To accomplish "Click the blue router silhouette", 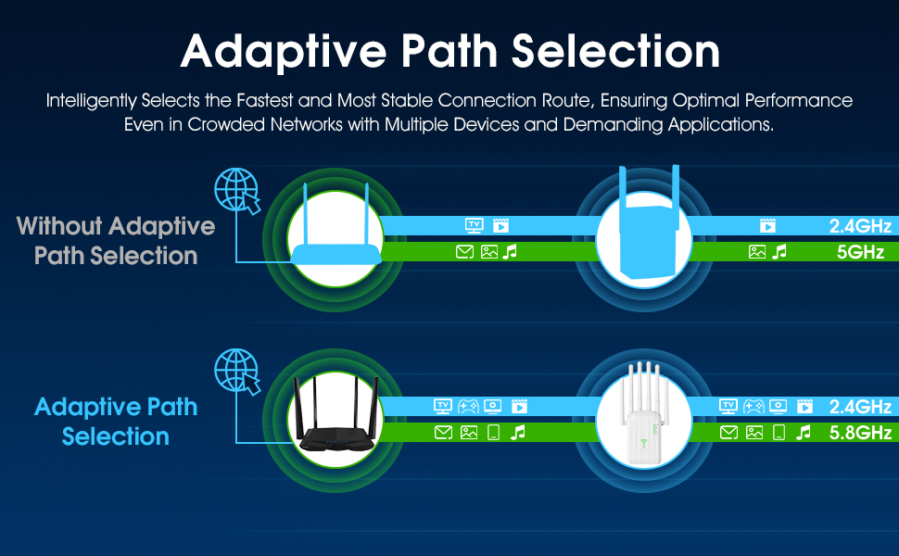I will [x=335, y=241].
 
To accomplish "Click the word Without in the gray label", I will [x=59, y=226].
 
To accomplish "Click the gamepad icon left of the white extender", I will [x=469, y=406].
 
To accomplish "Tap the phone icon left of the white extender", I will [x=493, y=432].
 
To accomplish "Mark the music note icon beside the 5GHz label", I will [x=779, y=251].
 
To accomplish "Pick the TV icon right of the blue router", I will [x=474, y=225].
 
